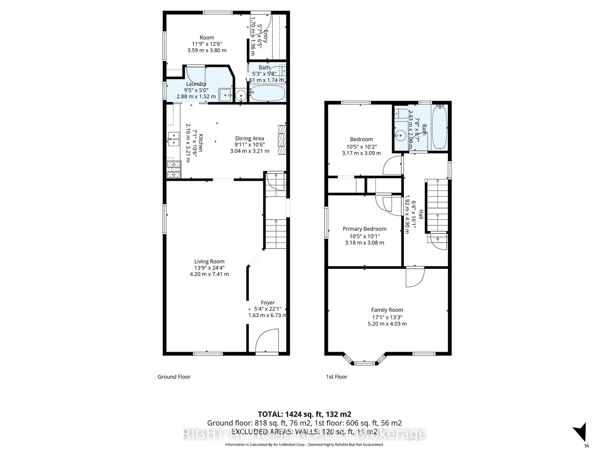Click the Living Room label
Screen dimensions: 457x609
(209, 261)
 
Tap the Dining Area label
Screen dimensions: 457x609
(249, 138)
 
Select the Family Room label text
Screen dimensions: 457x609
(387, 310)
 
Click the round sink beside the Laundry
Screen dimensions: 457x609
(241, 96)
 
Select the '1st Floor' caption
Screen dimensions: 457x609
(336, 377)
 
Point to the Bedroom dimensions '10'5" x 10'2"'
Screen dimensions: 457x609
(361, 147)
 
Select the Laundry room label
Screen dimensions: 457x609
(196, 84)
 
